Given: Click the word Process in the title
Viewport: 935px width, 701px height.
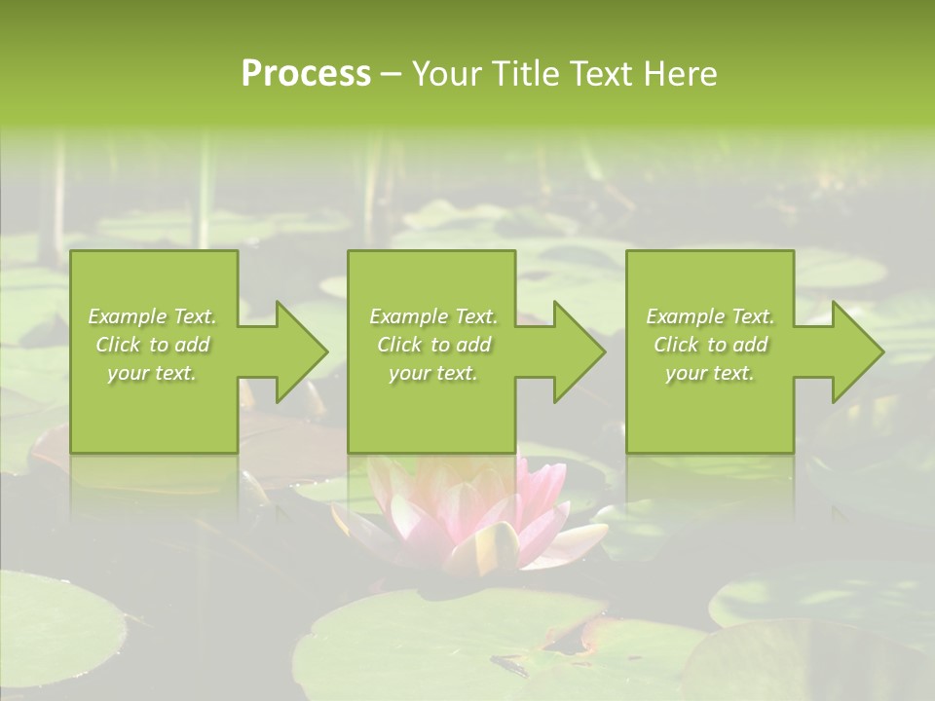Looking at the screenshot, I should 306,74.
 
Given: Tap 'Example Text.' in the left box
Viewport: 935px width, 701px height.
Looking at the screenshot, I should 152,316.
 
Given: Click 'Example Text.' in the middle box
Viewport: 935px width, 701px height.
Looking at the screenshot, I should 433,316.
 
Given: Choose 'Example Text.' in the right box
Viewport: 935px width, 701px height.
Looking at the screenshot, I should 710,316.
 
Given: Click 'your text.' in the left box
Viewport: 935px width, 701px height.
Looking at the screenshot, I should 152,373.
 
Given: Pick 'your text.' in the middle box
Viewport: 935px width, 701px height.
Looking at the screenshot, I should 433,373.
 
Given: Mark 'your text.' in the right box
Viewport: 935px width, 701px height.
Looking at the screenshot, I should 710,373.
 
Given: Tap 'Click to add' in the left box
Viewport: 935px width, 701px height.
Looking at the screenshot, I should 152,345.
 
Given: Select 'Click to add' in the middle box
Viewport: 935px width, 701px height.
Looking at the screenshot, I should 433,345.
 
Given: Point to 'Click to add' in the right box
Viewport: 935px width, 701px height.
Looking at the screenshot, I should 710,345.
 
